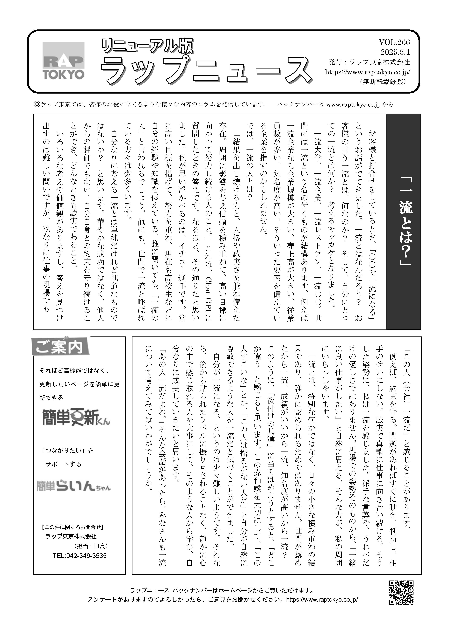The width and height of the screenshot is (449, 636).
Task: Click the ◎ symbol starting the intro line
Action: [37, 104]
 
